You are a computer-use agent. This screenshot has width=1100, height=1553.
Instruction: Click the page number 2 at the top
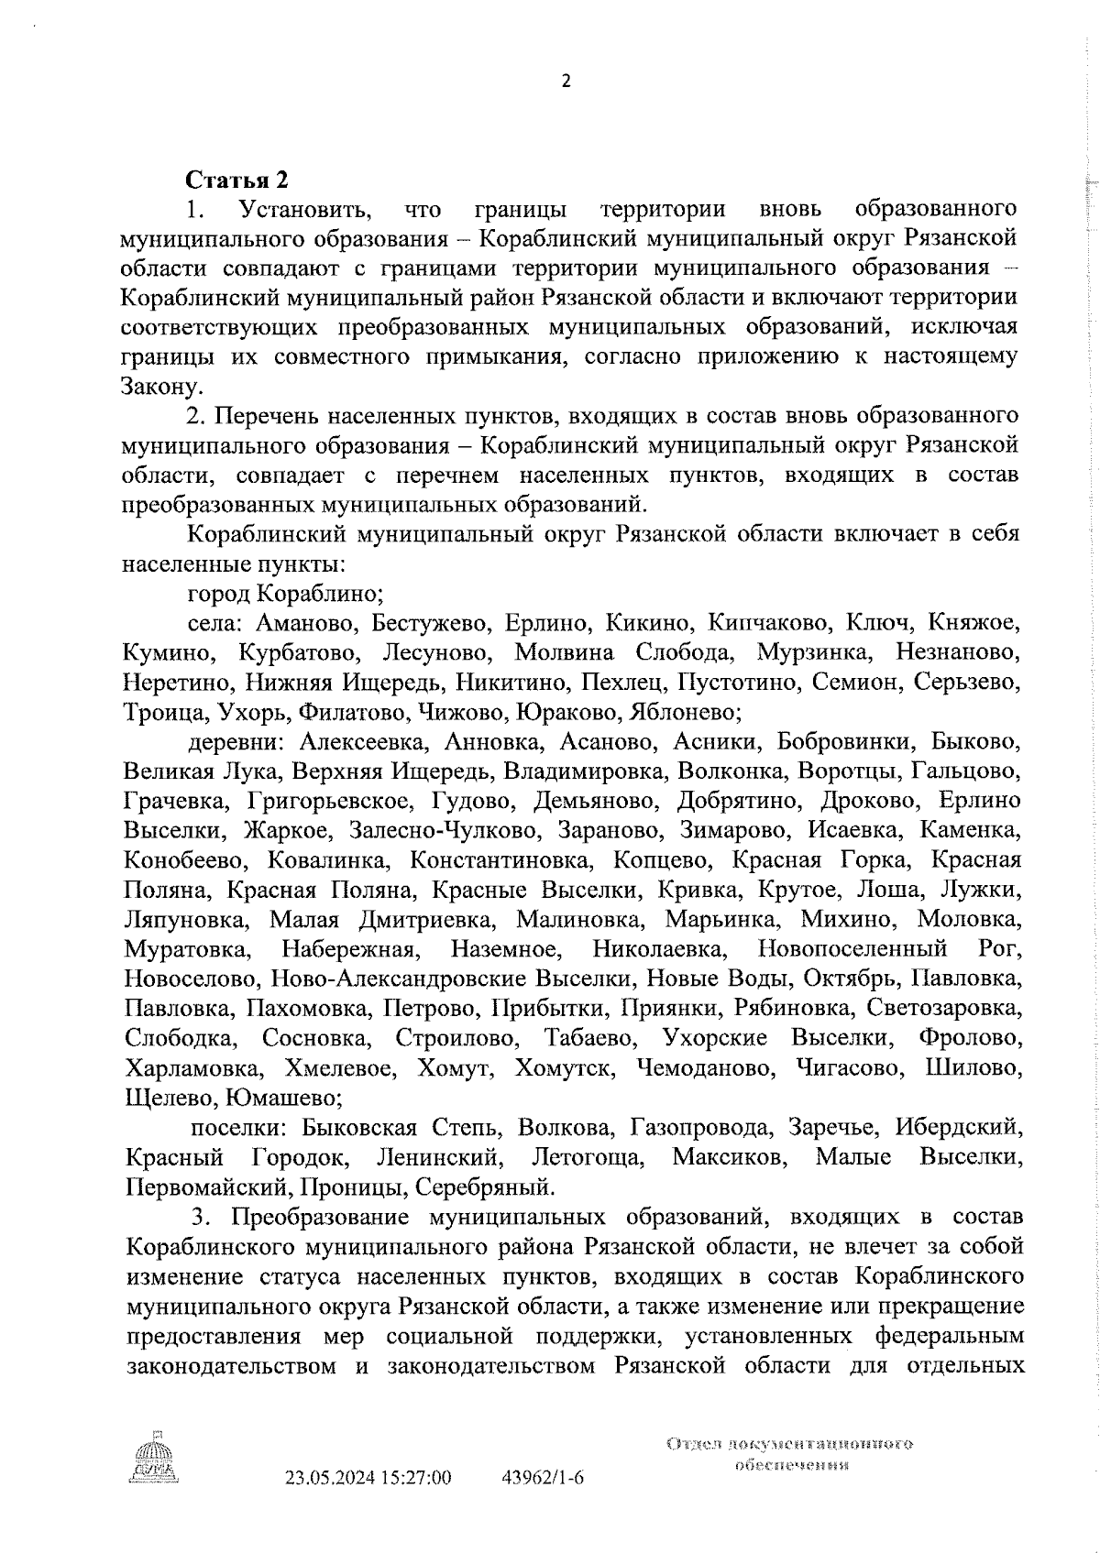tap(566, 82)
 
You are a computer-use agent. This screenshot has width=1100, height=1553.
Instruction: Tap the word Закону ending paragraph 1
tap(161, 387)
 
